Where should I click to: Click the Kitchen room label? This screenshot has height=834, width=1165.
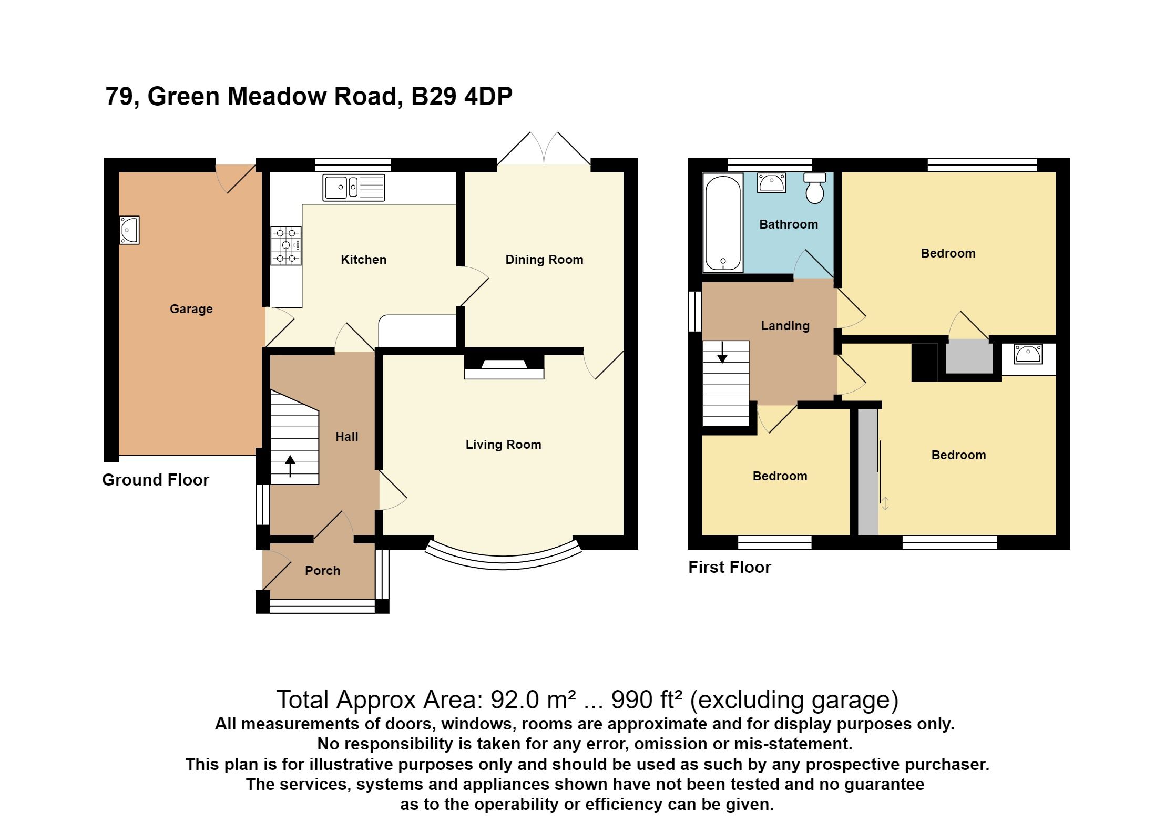[x=363, y=259]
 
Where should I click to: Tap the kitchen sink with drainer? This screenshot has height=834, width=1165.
[x=353, y=188]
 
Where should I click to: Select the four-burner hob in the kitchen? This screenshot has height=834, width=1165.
[x=286, y=245]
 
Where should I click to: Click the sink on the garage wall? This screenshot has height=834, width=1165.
[x=129, y=230]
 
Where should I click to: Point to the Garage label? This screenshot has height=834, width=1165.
[x=191, y=309]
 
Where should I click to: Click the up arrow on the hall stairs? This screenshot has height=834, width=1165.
[x=290, y=466]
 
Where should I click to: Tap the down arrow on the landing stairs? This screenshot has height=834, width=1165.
[x=722, y=352]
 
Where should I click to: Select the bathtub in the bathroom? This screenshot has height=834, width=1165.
[x=723, y=223]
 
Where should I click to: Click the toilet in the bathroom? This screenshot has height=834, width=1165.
[x=815, y=189]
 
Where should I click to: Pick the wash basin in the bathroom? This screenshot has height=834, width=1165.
[x=771, y=183]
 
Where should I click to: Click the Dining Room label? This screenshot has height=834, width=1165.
[x=544, y=259]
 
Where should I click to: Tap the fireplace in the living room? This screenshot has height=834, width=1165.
[x=504, y=366]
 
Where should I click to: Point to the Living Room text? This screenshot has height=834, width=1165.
[x=503, y=445]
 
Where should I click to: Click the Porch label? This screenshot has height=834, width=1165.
[x=322, y=571]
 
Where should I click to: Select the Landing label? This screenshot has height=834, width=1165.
[x=785, y=326]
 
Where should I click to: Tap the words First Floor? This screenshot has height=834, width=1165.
[x=729, y=568]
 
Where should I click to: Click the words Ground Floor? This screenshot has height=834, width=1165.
[x=155, y=480]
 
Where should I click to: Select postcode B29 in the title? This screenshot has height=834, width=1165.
[x=434, y=97]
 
